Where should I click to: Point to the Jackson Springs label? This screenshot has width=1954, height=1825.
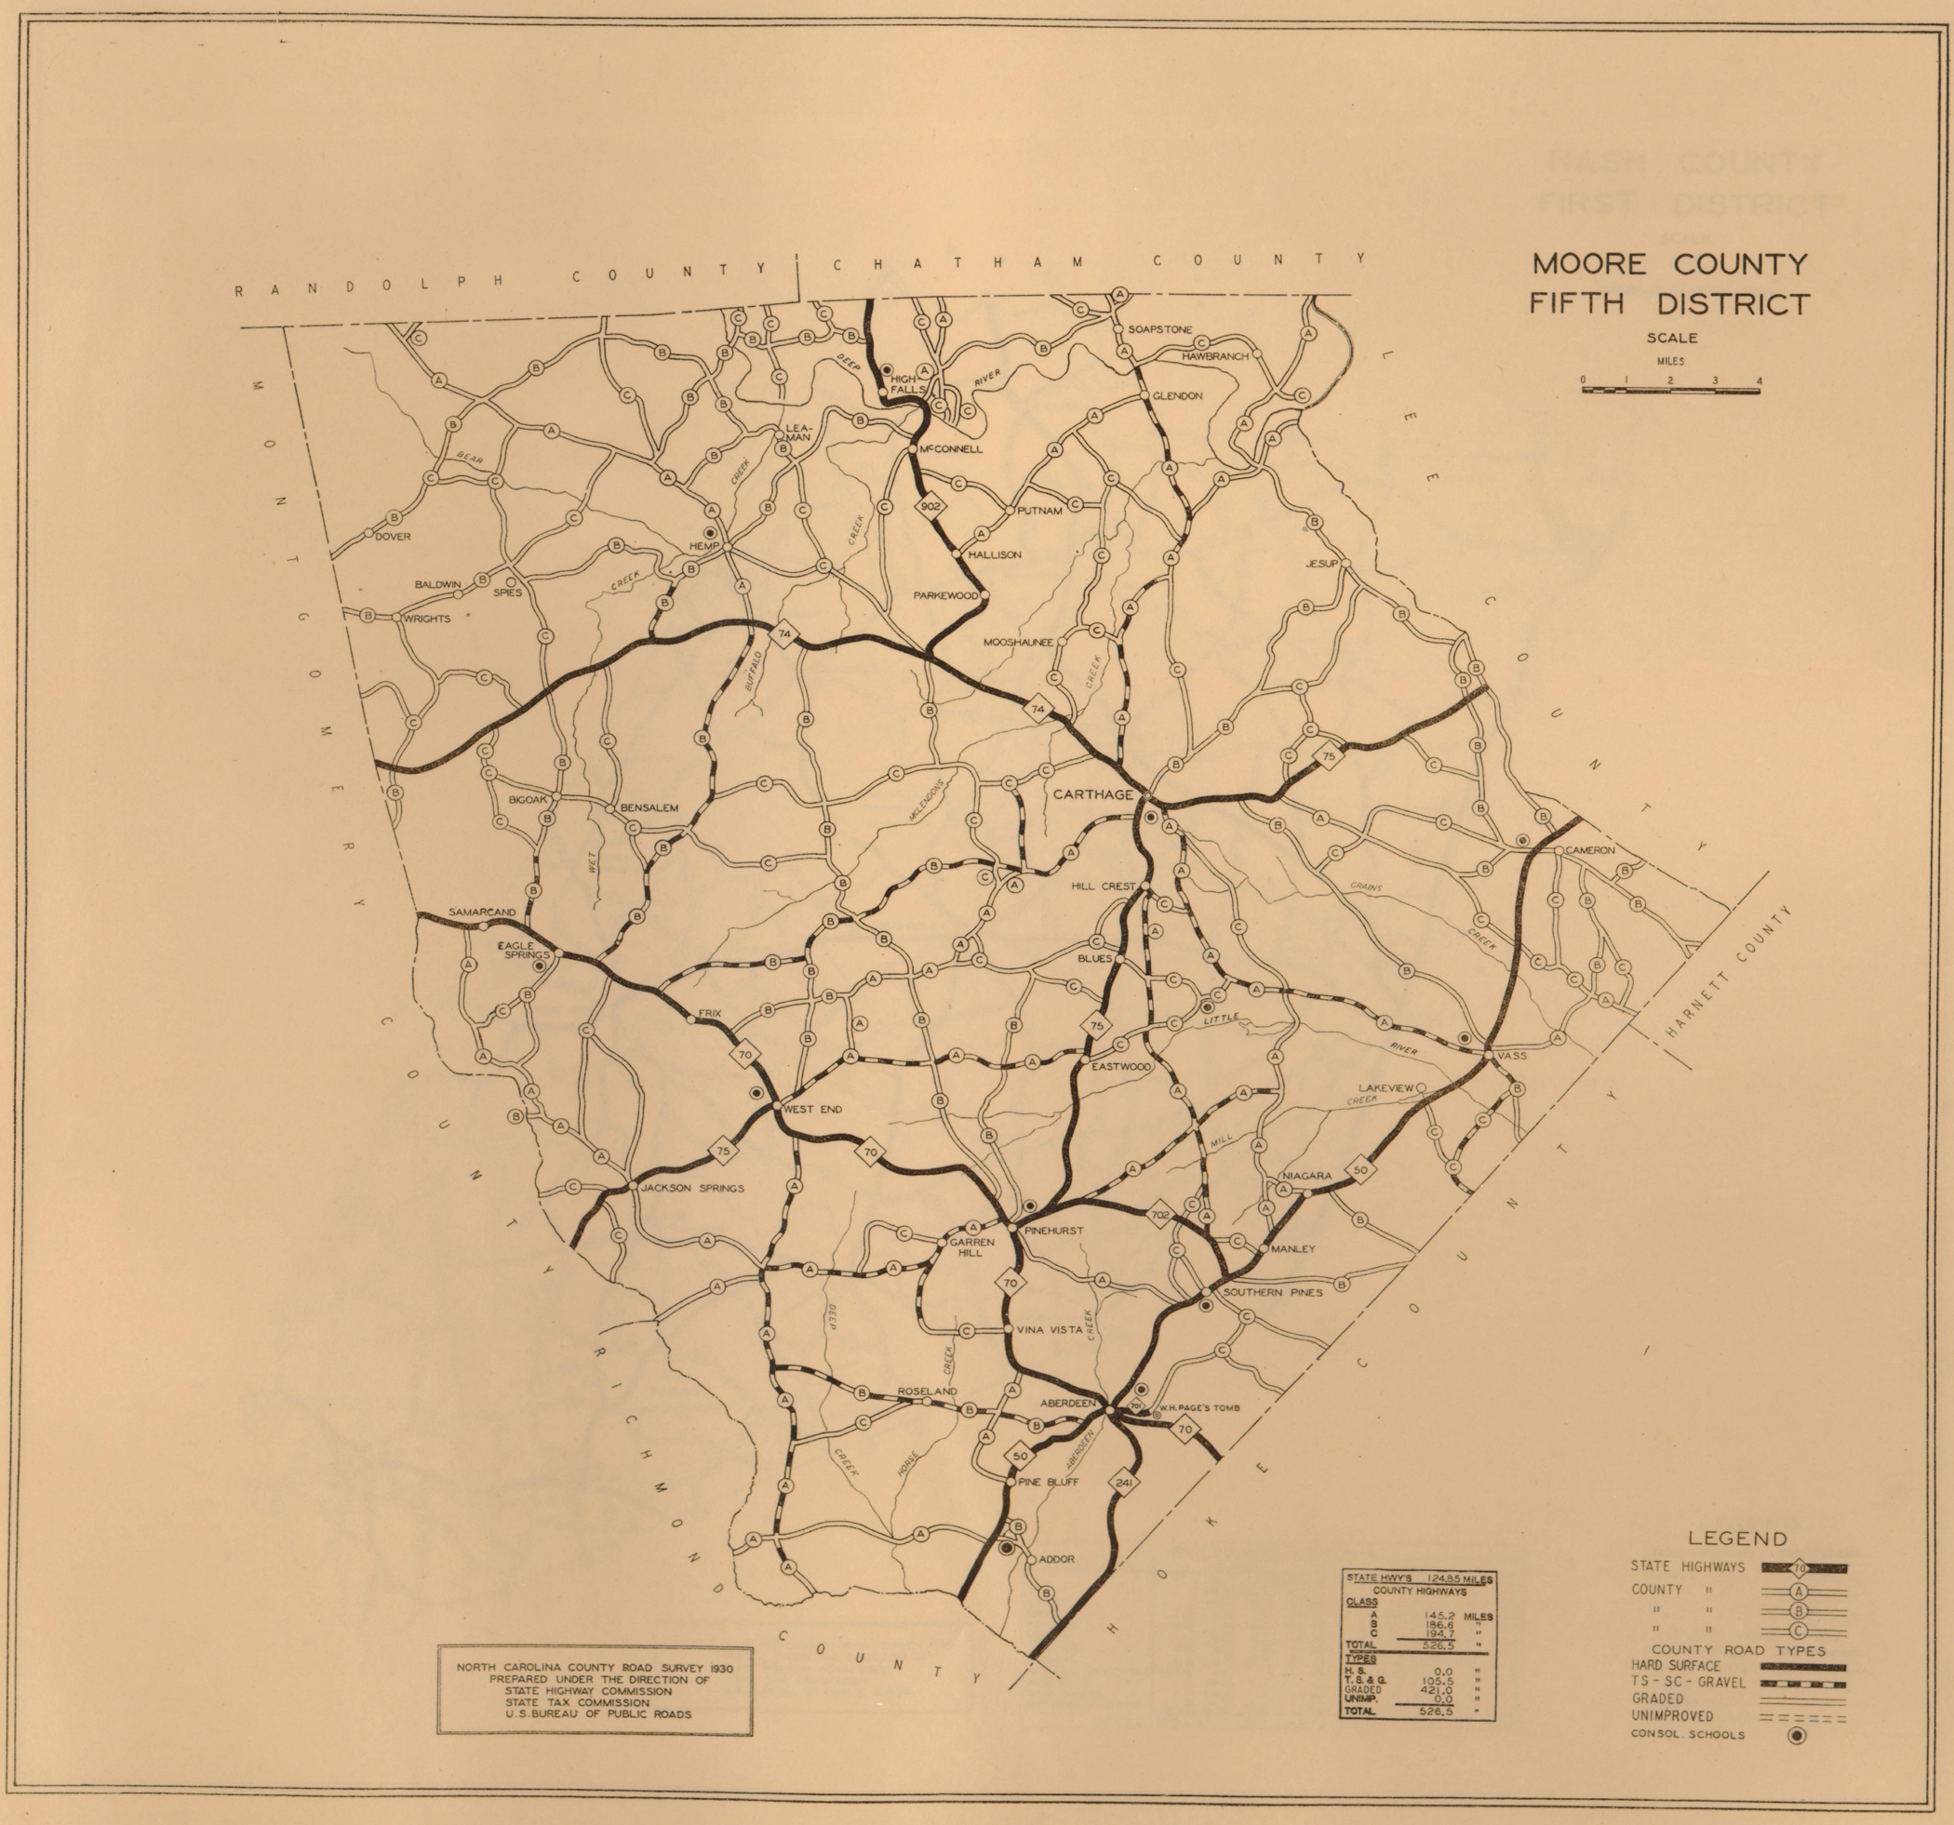[x=692, y=1187]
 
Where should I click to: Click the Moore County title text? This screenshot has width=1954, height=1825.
[x=1667, y=265]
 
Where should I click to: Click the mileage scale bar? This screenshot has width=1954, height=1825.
[x=1670, y=390]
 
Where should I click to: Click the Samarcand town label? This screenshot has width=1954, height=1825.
[x=482, y=912]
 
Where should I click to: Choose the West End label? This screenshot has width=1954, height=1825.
[x=813, y=1109]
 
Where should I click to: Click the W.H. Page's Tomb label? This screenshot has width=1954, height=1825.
[x=1192, y=1408]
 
